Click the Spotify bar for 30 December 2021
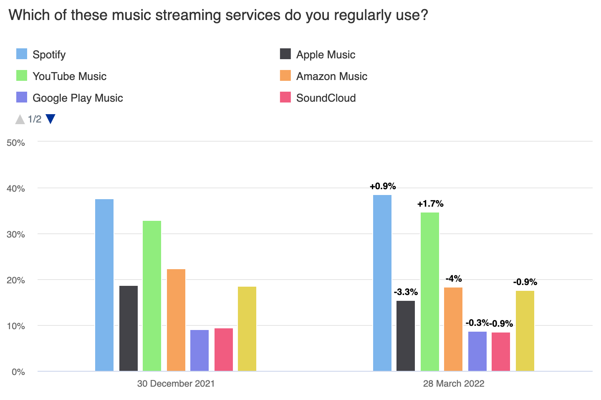click(104, 285)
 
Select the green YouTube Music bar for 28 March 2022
click(430, 292)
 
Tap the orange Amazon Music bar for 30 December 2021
click(176, 320)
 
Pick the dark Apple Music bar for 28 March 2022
click(406, 336)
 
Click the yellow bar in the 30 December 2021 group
click(247, 329)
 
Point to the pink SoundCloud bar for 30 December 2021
click(224, 350)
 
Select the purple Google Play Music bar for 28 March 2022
click(477, 351)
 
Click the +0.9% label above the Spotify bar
click(383, 186)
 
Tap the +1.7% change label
click(430, 204)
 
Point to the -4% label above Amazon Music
click(454, 279)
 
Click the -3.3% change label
click(406, 292)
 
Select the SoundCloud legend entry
click(326, 98)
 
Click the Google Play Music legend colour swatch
click(22, 97)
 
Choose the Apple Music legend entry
click(326, 55)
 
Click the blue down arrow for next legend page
click(51, 119)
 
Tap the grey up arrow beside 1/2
click(20, 120)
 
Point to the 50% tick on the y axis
click(16, 142)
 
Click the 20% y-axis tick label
click(16, 280)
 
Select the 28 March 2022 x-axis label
click(454, 383)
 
